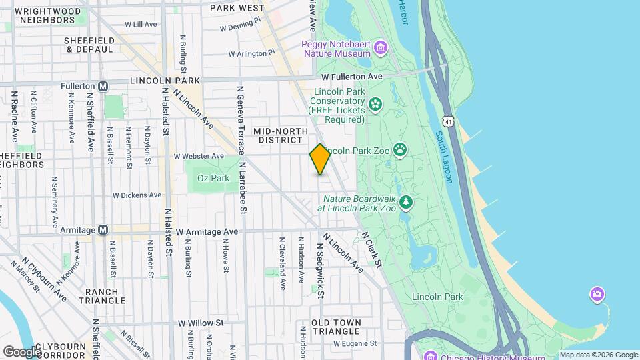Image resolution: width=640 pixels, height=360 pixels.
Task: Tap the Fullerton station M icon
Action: (x=103, y=86)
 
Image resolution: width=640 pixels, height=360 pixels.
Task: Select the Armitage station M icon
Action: (x=103, y=230)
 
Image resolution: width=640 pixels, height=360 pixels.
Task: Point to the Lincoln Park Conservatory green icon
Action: (x=375, y=103)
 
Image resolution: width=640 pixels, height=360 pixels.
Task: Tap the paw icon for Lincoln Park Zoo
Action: (x=400, y=149)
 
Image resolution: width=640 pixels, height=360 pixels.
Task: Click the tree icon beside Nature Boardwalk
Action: (x=405, y=201)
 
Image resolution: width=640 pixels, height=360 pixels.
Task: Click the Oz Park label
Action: (x=213, y=178)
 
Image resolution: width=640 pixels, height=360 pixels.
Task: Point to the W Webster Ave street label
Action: (x=199, y=156)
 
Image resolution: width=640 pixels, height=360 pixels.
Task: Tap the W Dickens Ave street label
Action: (x=137, y=195)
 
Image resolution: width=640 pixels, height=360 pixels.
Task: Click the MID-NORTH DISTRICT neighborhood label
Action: (x=281, y=136)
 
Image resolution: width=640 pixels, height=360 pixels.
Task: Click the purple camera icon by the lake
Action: (x=597, y=294)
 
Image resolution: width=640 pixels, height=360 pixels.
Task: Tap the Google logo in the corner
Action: (x=21, y=351)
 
